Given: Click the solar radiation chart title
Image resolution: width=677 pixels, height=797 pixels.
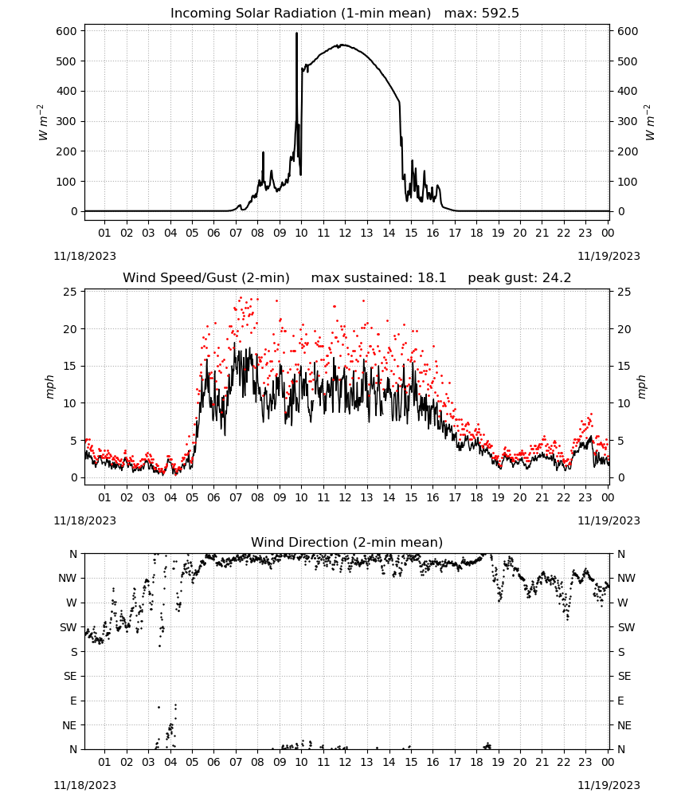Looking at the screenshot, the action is point(345,14).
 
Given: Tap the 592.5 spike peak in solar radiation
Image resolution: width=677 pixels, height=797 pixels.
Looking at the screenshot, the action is point(296,33).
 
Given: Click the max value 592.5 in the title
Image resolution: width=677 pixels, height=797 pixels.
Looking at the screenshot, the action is point(500,14).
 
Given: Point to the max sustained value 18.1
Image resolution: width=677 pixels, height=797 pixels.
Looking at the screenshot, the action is point(432,278).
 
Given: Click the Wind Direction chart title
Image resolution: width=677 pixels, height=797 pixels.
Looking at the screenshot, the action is point(347,542).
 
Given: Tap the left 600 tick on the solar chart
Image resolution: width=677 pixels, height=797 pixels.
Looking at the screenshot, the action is point(67,31).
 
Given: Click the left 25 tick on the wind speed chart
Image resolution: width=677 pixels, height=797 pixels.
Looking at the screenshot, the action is point(70,292).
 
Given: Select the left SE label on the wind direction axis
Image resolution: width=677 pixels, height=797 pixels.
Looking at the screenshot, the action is point(70,676).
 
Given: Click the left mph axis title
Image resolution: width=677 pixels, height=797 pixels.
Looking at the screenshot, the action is point(49,387).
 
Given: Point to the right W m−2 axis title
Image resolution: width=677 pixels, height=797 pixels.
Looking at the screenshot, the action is point(650,122).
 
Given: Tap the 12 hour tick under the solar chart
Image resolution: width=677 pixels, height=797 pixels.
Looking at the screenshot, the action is point(345,233).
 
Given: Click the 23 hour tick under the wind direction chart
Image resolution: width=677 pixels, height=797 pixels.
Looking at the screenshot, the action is point(585,763).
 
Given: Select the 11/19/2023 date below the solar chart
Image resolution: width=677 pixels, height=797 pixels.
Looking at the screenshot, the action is point(609,256).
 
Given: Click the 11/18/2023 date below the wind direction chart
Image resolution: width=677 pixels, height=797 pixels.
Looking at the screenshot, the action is point(84,785).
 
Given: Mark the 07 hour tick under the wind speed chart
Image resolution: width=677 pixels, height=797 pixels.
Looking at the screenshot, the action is point(236,497).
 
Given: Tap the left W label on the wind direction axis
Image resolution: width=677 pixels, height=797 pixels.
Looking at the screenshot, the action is point(72,603).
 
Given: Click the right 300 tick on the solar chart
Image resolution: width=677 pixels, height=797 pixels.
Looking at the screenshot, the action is point(628,121).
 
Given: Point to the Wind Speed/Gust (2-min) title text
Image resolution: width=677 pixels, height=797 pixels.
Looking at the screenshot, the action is point(206,278).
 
